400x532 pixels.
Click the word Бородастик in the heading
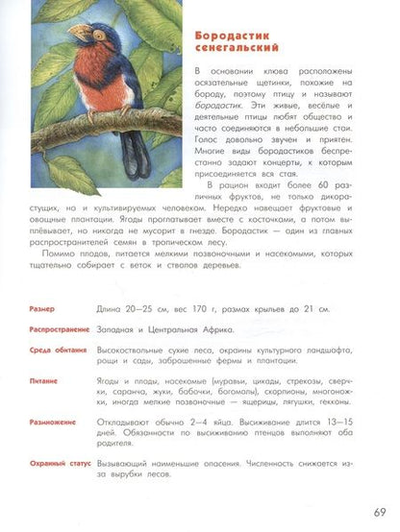point(222,35)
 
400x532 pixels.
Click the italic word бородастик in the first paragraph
point(218,110)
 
